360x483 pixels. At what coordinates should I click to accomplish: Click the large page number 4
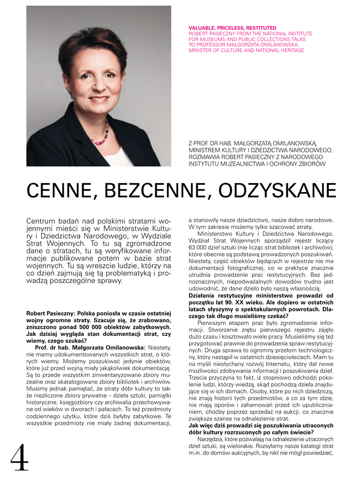click(x=19, y=458)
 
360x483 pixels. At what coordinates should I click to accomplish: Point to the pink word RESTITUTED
click(x=261, y=28)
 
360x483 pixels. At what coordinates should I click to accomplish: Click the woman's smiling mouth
click(x=99, y=99)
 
